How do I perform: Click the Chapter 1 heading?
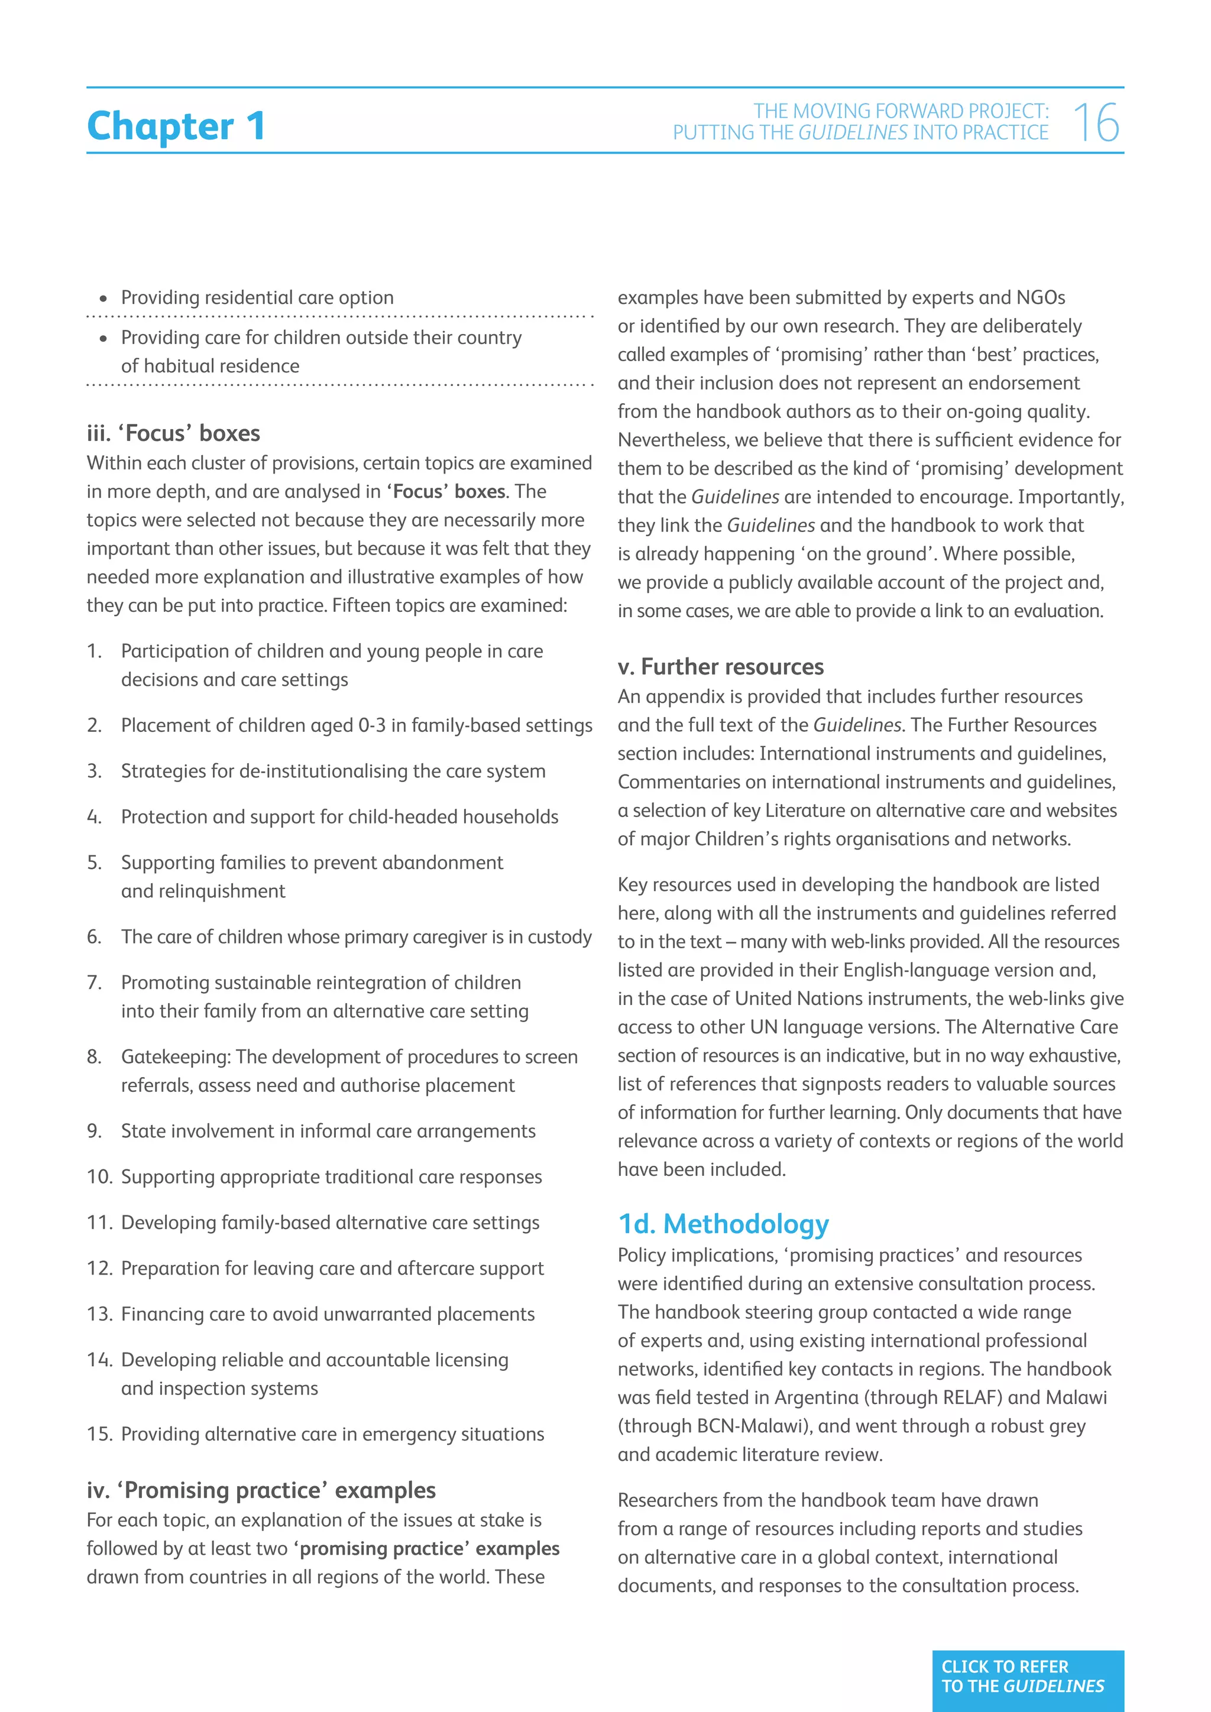[176, 125]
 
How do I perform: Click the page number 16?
[1096, 123]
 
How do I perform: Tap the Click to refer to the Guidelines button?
[1027, 1676]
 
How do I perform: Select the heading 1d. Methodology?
[723, 1224]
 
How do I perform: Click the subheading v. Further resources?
[720, 667]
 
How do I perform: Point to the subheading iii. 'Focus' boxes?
[173, 433]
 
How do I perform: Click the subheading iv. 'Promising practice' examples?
[261, 1490]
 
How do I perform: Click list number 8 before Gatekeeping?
[94, 1056]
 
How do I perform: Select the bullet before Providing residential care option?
[103, 299]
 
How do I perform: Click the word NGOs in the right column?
[1040, 297]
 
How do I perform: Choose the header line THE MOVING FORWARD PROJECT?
[900, 111]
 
